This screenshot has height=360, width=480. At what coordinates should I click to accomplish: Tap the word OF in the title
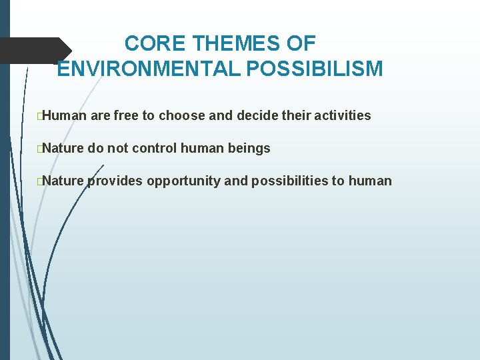(301, 44)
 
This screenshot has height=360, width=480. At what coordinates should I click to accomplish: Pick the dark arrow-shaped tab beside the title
(35, 50)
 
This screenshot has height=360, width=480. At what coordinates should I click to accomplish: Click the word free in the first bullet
(126, 115)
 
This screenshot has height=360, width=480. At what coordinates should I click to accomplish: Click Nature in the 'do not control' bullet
(65, 148)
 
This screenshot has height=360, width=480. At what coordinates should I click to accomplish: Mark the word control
(157, 148)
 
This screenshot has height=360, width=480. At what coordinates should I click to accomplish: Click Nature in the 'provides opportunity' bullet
(65, 181)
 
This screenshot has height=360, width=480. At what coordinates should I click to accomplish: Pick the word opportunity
(183, 181)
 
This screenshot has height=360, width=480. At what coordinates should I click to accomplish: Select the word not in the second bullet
(117, 148)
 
